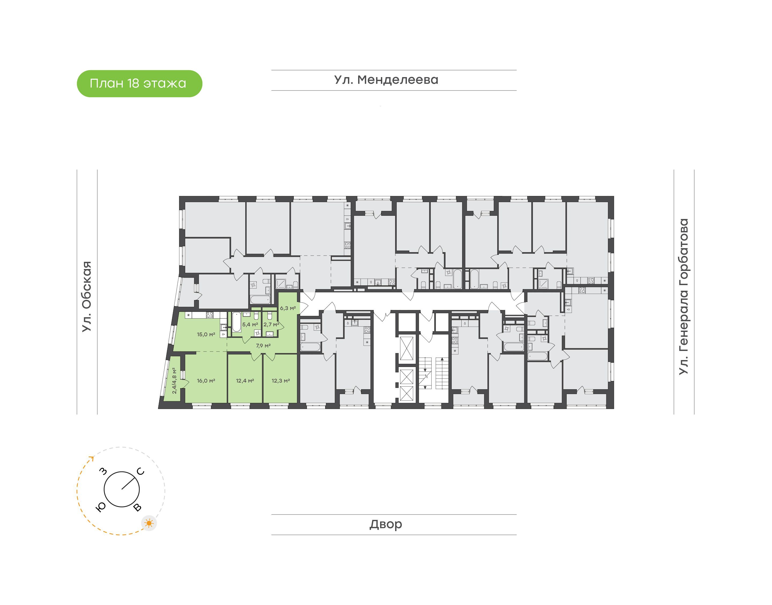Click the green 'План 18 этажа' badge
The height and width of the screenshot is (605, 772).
139,84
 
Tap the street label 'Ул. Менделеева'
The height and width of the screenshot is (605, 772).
386,80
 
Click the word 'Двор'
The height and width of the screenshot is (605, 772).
386,524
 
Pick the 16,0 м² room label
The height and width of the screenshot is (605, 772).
206,381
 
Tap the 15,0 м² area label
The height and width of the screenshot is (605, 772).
206,334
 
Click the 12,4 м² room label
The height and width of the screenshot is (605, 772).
245,381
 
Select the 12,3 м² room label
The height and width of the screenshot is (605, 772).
281,381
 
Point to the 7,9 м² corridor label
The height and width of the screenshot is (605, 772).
263,345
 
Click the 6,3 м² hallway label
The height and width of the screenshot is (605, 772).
288,308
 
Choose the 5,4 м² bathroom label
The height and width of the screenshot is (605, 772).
250,324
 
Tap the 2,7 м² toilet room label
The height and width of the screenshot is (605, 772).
271,324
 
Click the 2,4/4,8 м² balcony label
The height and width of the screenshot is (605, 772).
175,381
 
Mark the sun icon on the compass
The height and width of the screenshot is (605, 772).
149,523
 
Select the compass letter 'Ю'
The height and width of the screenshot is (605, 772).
101,508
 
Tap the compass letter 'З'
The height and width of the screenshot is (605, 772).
103,471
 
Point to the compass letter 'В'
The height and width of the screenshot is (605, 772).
137,508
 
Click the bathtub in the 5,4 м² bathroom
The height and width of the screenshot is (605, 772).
236,322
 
